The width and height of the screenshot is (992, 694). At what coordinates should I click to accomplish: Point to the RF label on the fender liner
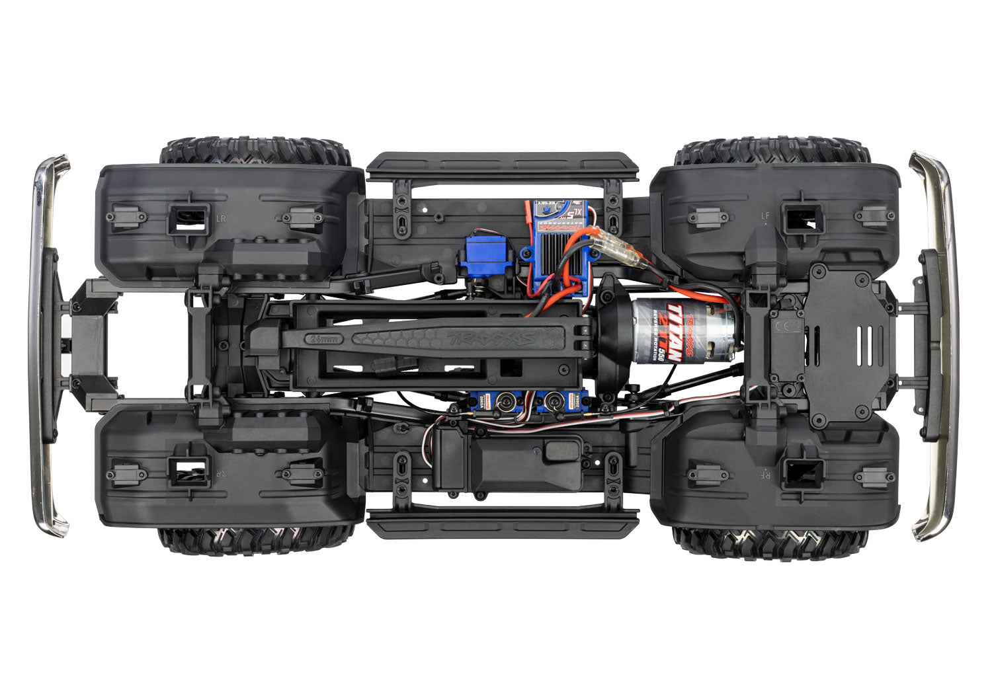pos(765,473)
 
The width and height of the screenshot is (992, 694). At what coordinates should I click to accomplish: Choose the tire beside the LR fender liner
pos(255,151)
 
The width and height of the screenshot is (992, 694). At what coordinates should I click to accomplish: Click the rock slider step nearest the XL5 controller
pos(502,166)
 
